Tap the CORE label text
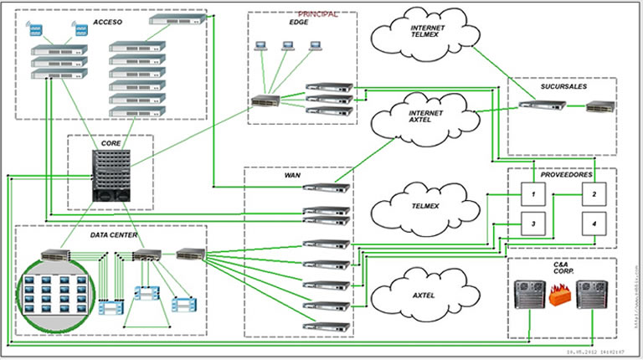point(111,143)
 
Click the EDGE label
point(299,23)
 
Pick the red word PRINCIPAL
point(317,13)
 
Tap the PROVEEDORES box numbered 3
point(532,224)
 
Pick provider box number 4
point(594,224)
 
